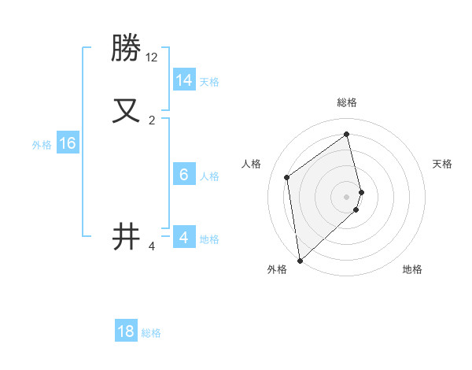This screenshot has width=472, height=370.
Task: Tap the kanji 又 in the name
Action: tap(127, 110)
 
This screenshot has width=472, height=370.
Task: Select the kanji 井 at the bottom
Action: tap(127, 236)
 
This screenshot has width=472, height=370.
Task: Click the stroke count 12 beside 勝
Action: tap(152, 57)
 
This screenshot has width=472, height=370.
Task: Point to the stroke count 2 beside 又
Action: tap(152, 120)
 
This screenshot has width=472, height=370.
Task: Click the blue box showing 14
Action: tap(184, 80)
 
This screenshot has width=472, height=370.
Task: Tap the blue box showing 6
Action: tap(184, 175)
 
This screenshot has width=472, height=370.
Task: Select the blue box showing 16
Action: tap(68, 143)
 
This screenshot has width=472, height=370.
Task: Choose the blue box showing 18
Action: tap(126, 331)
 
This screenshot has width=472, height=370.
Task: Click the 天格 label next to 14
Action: tap(209, 82)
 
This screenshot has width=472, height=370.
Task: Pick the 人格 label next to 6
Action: tap(209, 176)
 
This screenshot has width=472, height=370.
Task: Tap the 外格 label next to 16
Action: tap(42, 145)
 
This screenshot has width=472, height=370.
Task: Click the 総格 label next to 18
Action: tap(151, 333)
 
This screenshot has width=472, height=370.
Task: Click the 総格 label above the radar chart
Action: tap(346, 102)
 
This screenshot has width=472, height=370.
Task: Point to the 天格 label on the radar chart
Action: tap(442, 164)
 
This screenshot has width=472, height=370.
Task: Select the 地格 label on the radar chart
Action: tap(412, 269)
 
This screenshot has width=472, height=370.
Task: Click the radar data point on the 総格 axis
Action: tap(346, 134)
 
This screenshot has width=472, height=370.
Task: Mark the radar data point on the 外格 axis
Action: tap(300, 260)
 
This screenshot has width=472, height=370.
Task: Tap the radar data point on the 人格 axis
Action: tap(287, 177)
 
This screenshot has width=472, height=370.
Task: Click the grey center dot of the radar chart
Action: tap(346, 196)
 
